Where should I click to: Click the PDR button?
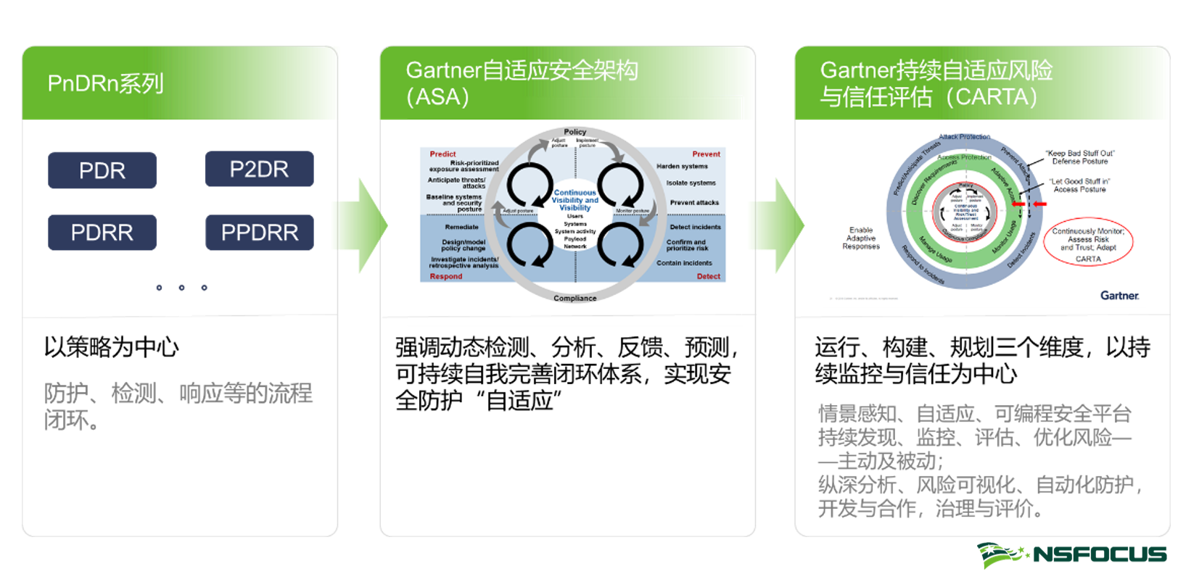pyautogui.click(x=102, y=170)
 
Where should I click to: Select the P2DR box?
pyautogui.click(x=259, y=169)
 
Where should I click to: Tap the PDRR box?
pyautogui.click(x=102, y=233)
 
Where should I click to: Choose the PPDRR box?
pyautogui.click(x=259, y=233)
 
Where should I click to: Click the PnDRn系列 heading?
pyautogui.click(x=106, y=84)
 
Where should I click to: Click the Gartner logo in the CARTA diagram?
pyautogui.click(x=1119, y=296)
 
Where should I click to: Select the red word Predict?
pyautogui.click(x=442, y=154)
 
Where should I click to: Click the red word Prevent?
pyautogui.click(x=706, y=154)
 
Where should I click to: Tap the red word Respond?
pyautogui.click(x=445, y=276)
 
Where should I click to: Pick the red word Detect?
pyautogui.click(x=708, y=276)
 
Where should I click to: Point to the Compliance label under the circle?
pyautogui.click(x=574, y=298)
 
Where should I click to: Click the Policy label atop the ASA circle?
pyautogui.click(x=574, y=132)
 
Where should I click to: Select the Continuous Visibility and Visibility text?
pyautogui.click(x=574, y=200)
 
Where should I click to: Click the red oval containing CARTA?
pyautogui.click(x=1087, y=241)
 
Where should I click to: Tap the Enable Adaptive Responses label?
pyautogui.click(x=861, y=238)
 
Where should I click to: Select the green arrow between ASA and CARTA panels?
pyautogui.click(x=786, y=225)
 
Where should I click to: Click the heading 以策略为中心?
pyautogui.click(x=112, y=347)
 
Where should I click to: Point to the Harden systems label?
pyautogui.click(x=682, y=167)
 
